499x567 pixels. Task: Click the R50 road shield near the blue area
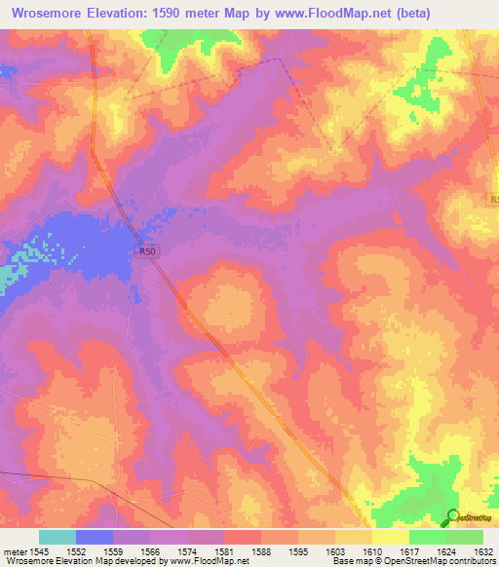coord(146,250)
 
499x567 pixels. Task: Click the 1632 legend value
coord(483,552)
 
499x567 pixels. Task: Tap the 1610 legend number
coord(373,552)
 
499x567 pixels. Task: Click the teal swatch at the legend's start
coord(58,537)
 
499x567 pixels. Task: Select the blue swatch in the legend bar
coord(95,537)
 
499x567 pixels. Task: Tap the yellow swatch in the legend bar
coord(391,537)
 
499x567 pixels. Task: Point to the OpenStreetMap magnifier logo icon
coord(451,517)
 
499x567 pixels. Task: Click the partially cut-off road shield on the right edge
coord(494,200)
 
